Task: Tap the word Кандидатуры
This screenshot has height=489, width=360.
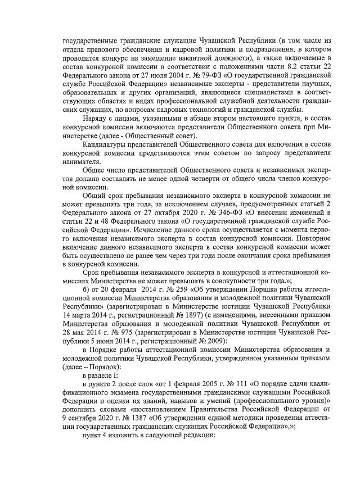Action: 105,146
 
